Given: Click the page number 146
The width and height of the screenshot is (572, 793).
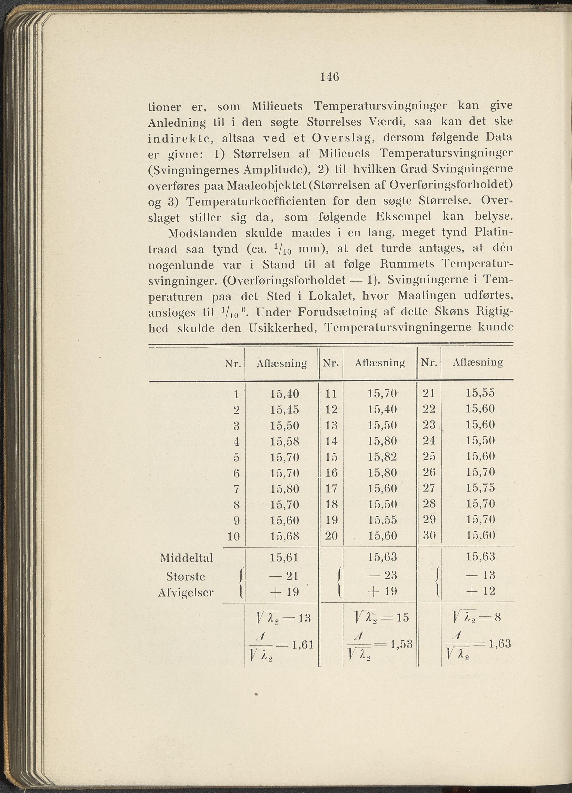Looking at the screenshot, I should tap(330, 77).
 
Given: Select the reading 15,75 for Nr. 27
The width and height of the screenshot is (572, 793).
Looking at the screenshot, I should tap(480, 488).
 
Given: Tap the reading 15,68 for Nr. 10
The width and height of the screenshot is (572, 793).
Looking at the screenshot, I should tap(284, 536).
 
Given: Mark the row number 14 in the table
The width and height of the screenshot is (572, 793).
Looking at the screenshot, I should tap(331, 441).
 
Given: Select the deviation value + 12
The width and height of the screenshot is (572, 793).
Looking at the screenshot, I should tap(480, 591).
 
